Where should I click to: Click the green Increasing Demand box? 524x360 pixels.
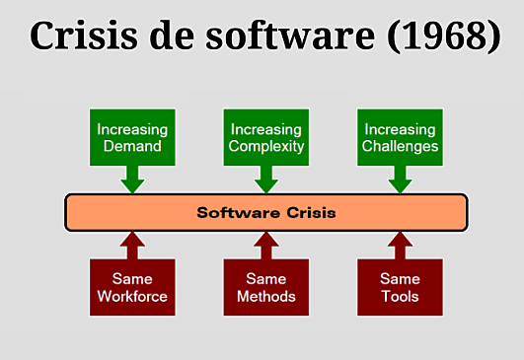(131, 138)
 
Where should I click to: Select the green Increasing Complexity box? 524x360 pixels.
(265, 138)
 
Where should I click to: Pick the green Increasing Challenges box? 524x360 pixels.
(400, 138)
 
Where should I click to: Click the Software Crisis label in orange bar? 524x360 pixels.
(265, 212)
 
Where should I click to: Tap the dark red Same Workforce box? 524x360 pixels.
(131, 287)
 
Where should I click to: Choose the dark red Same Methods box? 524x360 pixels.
(265, 287)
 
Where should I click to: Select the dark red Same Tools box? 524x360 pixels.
(400, 287)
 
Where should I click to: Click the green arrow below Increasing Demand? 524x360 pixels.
(131, 180)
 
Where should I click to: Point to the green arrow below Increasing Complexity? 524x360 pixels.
(265, 180)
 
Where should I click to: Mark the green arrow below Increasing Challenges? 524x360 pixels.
(400, 180)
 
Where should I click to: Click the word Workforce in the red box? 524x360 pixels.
(131, 296)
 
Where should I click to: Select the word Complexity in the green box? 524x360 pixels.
(265, 148)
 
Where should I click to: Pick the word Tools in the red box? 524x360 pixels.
(400, 296)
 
